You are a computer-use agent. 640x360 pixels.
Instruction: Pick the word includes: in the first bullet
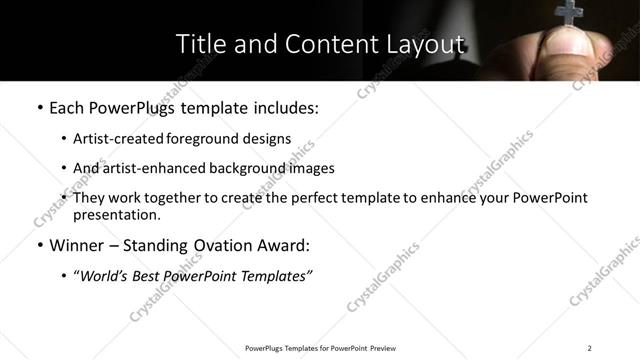point(283,108)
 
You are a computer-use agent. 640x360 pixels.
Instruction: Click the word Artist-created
point(121,139)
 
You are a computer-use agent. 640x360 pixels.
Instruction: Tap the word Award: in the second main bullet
point(284,245)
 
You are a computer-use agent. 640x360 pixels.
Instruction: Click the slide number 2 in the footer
point(590,348)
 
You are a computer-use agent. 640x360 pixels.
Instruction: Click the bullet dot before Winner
point(39,246)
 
